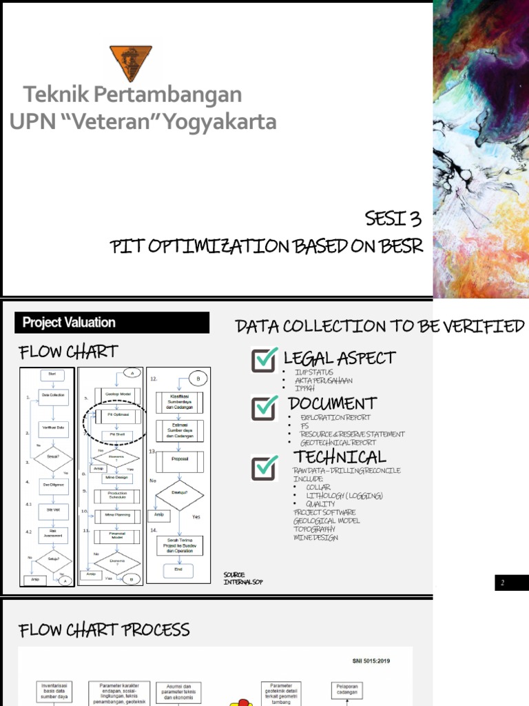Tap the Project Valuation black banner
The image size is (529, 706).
coord(112,323)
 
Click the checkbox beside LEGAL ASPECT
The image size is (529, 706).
coord(264,359)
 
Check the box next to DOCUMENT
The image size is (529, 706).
coord(264,405)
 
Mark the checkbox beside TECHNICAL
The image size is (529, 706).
coord(264,466)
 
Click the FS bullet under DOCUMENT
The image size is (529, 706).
coord(305,426)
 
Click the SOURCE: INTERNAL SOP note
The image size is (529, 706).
coord(243,578)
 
